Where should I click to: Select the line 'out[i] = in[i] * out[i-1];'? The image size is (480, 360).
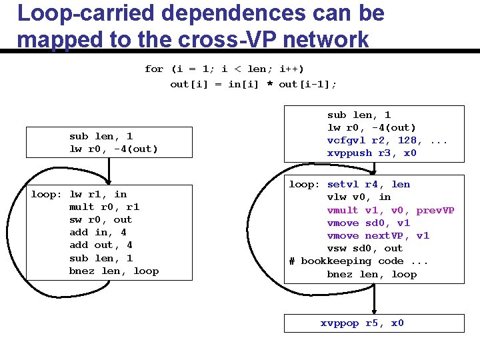(253, 84)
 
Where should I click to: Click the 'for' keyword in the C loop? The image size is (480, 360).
(154, 69)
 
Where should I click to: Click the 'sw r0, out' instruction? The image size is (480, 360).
(101, 219)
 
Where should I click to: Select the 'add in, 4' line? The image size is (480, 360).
(98, 232)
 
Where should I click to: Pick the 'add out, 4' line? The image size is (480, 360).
(101, 245)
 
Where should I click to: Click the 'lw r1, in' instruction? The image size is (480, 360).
(98, 194)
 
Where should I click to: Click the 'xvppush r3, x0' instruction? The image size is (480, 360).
(371, 153)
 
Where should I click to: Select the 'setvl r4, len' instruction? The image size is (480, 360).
(369, 184)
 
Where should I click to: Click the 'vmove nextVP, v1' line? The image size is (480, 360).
(378, 235)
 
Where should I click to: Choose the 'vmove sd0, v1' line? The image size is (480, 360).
(369, 223)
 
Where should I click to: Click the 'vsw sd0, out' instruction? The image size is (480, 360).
(365, 248)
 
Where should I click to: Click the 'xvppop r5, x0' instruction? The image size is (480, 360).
(362, 323)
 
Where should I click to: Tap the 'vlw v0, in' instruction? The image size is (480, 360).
(359, 197)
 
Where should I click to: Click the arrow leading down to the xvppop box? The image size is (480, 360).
(375, 300)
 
